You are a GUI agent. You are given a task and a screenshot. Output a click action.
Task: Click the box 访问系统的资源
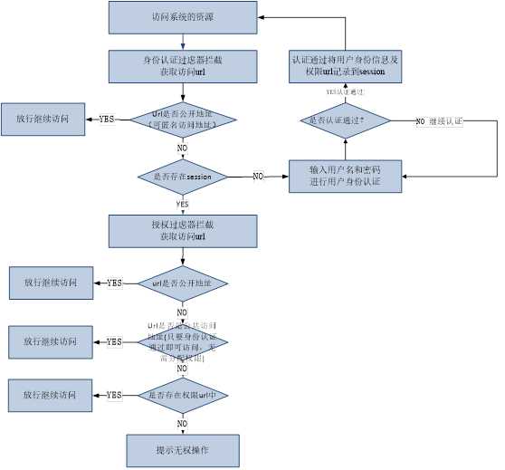pyautogui.click(x=183, y=16)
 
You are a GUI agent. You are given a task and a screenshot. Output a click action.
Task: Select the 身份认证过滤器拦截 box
pyautogui.click(x=183, y=65)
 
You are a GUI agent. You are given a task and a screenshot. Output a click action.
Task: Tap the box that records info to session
pyautogui.click(x=345, y=65)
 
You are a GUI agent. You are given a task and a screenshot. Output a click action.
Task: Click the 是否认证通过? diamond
pyautogui.click(x=344, y=120)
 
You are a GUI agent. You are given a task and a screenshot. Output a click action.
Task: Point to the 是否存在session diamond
pyautogui.click(x=183, y=177)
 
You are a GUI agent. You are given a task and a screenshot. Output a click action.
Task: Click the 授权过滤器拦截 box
pyautogui.click(x=183, y=230)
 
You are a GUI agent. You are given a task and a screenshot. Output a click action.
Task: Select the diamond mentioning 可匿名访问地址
pyautogui.click(x=183, y=119)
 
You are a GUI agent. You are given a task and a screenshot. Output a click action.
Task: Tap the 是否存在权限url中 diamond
pyautogui.click(x=183, y=395)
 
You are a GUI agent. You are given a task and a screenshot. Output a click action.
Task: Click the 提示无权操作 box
pyautogui.click(x=183, y=449)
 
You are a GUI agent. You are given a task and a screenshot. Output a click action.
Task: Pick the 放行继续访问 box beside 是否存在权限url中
pyautogui.click(x=50, y=396)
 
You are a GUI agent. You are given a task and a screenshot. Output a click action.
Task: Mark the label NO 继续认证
pyautogui.click(x=439, y=120)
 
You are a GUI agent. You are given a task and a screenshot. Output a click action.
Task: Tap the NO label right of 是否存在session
pyautogui.click(x=258, y=177)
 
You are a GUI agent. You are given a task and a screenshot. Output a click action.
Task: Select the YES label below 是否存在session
pyautogui.click(x=183, y=205)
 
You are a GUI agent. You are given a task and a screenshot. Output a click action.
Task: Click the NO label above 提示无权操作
pyautogui.click(x=183, y=423)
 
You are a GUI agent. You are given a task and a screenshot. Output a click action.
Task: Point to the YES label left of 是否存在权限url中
pyautogui.click(x=114, y=395)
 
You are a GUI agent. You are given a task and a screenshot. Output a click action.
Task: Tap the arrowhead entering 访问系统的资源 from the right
pyautogui.click(x=261, y=16)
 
